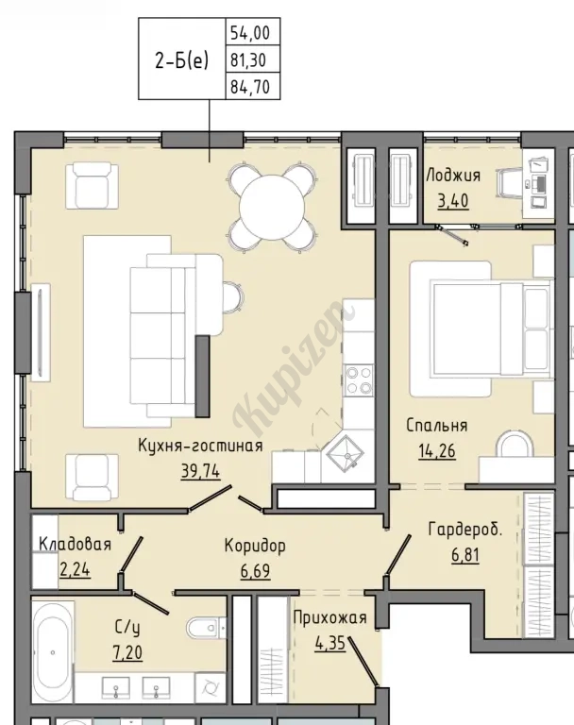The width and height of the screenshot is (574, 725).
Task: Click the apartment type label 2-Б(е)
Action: pos(181,60)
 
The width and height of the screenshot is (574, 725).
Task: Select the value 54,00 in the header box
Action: pos(250,33)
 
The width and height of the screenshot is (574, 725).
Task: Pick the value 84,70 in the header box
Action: pos(250,87)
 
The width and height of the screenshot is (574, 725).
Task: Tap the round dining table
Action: pos(272,207)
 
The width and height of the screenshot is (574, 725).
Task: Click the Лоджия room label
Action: pos(453,176)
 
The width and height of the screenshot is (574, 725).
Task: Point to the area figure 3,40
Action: pos(453,201)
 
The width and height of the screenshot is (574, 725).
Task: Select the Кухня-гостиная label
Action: pos(200,446)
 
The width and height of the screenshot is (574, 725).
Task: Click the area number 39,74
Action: pos(200,472)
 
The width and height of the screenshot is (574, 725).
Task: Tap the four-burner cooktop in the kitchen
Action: pos(359,379)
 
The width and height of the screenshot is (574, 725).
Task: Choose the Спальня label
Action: pos(436,426)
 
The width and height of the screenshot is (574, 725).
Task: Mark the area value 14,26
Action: pos(436,451)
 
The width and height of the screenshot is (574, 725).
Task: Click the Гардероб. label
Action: pos(464,530)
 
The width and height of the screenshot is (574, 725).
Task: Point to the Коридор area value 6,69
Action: pos(255,571)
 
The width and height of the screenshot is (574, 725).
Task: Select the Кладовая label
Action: pos(75,544)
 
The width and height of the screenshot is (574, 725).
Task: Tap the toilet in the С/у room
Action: pos(206,628)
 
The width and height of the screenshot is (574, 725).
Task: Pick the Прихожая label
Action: pos(329,617)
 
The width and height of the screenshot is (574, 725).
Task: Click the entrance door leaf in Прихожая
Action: pos(363,662)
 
